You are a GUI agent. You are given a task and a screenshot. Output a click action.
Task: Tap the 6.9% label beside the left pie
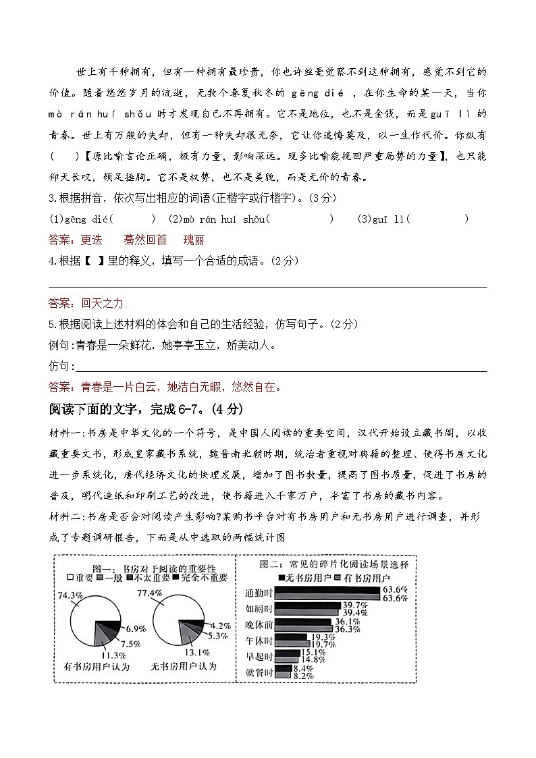point(136,628)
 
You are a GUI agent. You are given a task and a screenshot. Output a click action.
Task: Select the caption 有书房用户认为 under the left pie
point(97,667)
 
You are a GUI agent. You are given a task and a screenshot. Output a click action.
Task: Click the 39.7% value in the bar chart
point(355,604)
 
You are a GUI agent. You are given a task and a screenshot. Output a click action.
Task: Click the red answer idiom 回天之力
point(102,303)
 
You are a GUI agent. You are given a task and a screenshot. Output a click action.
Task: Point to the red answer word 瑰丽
point(193,240)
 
